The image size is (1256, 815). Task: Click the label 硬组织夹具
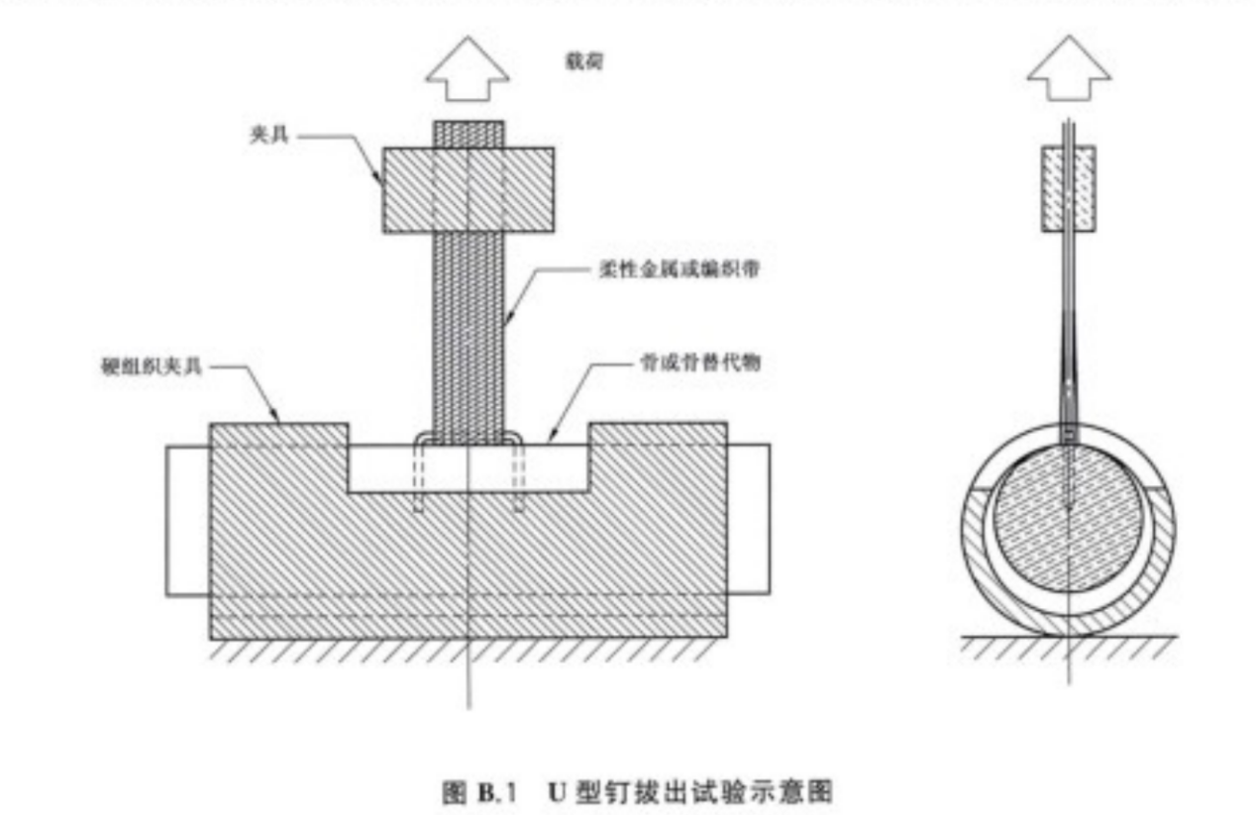[x=144, y=367]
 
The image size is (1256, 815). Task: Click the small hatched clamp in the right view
[x=1068, y=188]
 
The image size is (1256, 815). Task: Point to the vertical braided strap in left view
[x=468, y=327]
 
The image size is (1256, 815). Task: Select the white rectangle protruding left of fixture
[x=187, y=520]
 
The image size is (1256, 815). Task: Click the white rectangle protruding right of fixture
[x=748, y=520]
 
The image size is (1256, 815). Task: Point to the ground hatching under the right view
[x=1068, y=648]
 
